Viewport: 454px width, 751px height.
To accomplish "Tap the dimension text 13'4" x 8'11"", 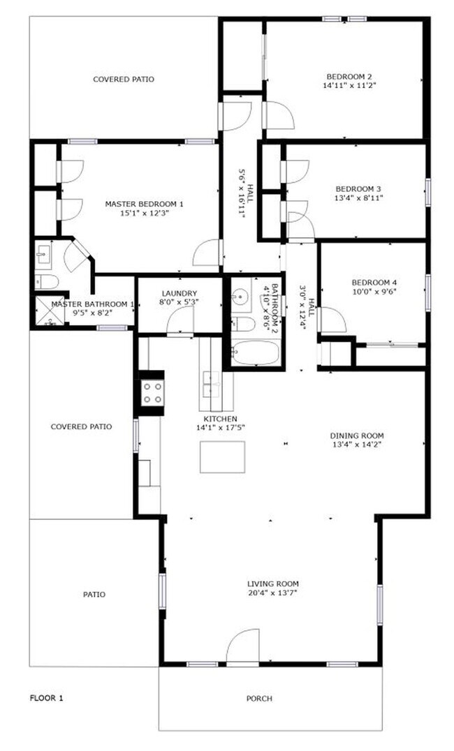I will pos(359,198).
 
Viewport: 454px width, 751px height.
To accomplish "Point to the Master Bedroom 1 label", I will pos(144,204).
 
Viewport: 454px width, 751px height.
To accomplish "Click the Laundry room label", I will pos(179,294).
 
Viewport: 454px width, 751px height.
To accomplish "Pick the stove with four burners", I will pos(152,393).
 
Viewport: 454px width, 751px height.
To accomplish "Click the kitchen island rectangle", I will pos(222,457).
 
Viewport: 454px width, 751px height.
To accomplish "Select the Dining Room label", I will pos(356,436).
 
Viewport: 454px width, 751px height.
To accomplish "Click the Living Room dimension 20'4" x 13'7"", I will pos(272,593).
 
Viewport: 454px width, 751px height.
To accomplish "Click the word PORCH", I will pos(259,699).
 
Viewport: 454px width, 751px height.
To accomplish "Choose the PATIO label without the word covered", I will pos(94,595).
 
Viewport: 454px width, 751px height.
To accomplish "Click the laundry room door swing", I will pos(180,321).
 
